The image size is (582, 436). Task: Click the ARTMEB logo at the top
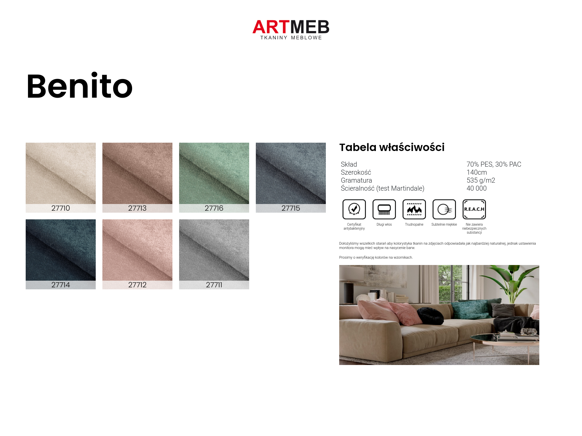click(x=291, y=30)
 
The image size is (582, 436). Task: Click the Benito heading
click(x=79, y=86)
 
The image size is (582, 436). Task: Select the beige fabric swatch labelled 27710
click(x=61, y=177)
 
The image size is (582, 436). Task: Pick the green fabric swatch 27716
click(x=214, y=177)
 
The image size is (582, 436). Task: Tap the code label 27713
click(x=137, y=208)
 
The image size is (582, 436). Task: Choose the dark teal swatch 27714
click(x=61, y=254)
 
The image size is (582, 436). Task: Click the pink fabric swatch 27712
click(x=137, y=254)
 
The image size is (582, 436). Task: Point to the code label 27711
click(x=214, y=285)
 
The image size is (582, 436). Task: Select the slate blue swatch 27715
click(x=291, y=177)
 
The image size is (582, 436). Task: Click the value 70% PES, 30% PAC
click(x=494, y=164)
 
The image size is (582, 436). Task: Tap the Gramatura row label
click(x=356, y=180)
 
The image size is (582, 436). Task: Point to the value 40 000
click(x=477, y=188)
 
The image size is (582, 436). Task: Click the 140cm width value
click(x=477, y=172)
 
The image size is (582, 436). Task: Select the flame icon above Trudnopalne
click(x=414, y=209)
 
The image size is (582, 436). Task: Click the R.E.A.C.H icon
click(x=474, y=209)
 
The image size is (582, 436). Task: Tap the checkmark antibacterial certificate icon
click(x=354, y=209)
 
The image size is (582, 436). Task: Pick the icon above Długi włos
click(x=384, y=209)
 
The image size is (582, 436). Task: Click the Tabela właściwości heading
click(x=392, y=147)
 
